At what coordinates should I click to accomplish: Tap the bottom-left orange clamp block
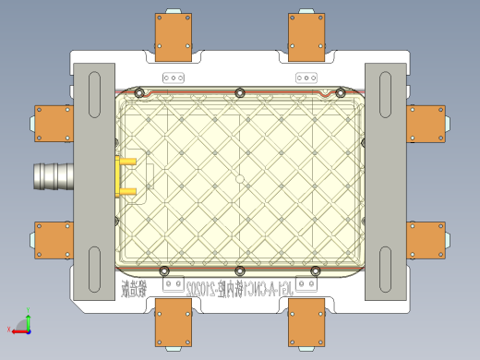174,322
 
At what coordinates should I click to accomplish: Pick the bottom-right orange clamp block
306,322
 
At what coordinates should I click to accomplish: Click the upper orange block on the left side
54,123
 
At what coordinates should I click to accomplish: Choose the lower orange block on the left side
54,240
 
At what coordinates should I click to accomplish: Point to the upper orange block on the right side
426,123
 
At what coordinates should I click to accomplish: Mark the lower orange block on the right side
426,240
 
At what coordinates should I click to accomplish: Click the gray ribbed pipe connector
52,176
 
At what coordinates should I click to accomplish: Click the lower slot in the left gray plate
94,267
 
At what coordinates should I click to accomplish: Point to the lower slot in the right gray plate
386,267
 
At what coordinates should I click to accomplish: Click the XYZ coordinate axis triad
23,324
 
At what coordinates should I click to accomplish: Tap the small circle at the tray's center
240,177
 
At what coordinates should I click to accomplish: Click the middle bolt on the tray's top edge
240,92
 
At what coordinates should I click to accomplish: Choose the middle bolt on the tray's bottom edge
240,270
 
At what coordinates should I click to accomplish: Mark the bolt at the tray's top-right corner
340,92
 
